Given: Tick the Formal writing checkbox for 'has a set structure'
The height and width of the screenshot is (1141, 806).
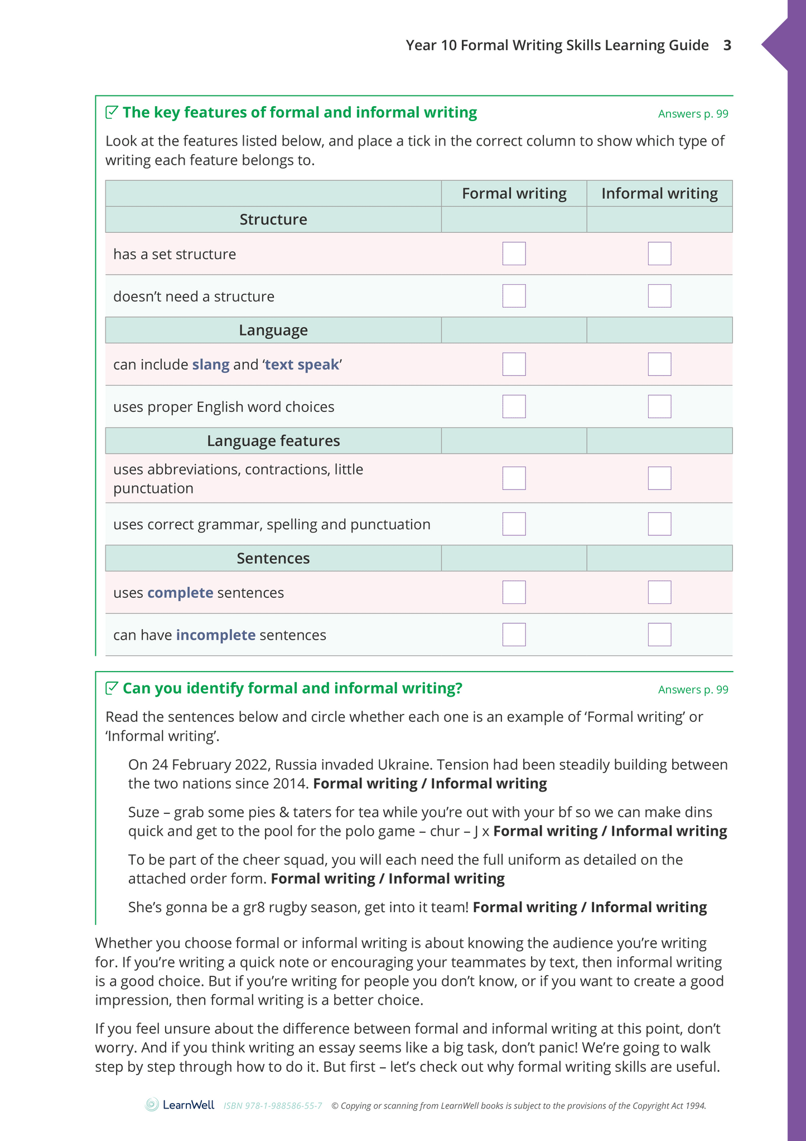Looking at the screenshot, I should coord(514,253).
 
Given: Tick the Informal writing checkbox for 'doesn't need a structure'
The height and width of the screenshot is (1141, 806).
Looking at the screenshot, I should coord(659,296).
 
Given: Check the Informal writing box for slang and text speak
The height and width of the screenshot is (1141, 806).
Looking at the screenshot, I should coord(659,364).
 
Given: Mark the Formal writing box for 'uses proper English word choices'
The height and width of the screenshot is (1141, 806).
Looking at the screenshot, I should coord(514,406).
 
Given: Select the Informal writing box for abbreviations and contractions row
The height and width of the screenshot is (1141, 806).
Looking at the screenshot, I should coord(659,478).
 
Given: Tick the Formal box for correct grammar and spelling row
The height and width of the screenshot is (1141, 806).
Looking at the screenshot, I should coord(514,524).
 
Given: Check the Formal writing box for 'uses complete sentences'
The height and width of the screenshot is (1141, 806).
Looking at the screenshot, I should coord(514,592).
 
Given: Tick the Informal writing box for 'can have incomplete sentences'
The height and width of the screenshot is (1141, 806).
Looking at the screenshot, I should coord(659,635).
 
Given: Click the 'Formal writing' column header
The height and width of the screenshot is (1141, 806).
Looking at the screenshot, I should coord(514,194).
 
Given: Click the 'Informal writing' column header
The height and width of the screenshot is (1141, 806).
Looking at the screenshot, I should coord(659,194).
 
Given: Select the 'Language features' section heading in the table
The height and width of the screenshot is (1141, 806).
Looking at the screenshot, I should coord(273,441).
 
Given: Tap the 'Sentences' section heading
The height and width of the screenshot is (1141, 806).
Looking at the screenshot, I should coord(273,558).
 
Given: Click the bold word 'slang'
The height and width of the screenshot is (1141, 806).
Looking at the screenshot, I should coord(211,365).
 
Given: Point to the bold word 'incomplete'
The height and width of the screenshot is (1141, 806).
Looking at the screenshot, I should coord(216,635).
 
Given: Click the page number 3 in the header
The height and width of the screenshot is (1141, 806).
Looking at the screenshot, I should coord(727,45).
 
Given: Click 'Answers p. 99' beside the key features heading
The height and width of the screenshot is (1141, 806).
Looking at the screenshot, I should coord(693,114).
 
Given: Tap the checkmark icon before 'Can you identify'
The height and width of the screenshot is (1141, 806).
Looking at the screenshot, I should coord(112,688).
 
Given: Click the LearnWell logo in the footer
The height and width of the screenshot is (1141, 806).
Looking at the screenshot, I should coord(180,1105).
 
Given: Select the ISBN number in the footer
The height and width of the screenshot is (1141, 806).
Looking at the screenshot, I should coord(273,1106).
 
